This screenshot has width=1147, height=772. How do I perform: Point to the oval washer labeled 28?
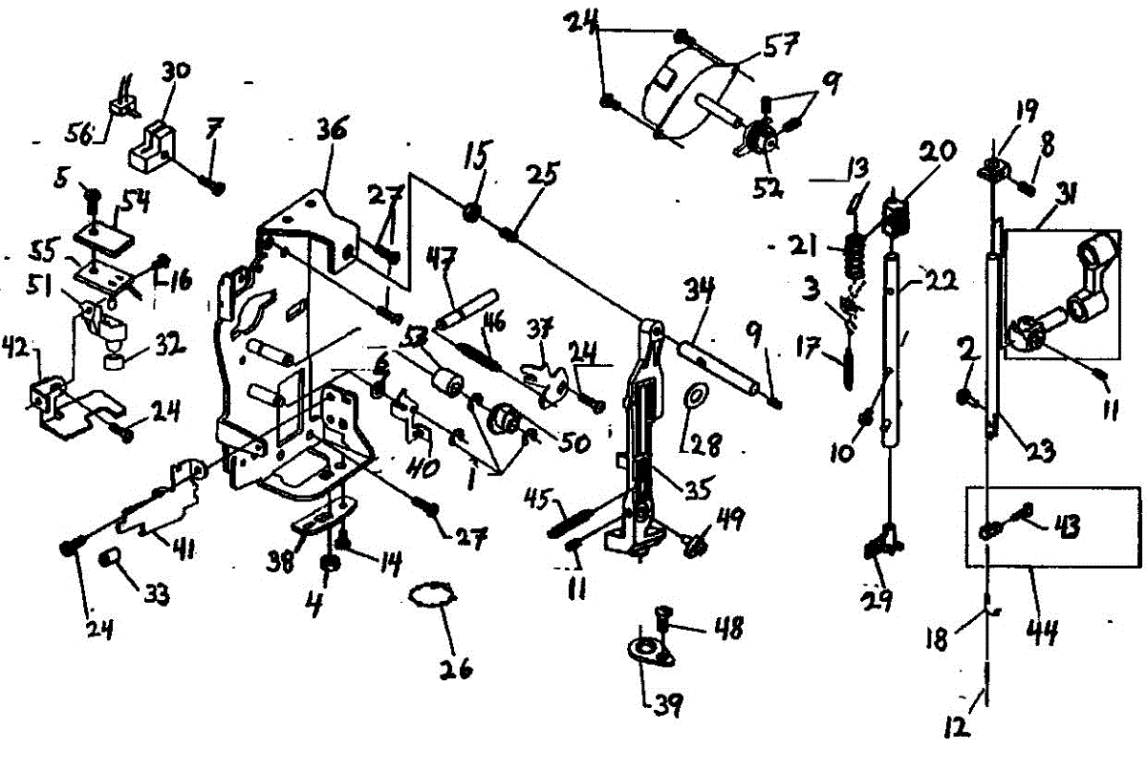[696, 393]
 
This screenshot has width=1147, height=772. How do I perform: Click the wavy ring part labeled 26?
[429, 596]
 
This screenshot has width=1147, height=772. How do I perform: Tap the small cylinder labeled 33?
[111, 556]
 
